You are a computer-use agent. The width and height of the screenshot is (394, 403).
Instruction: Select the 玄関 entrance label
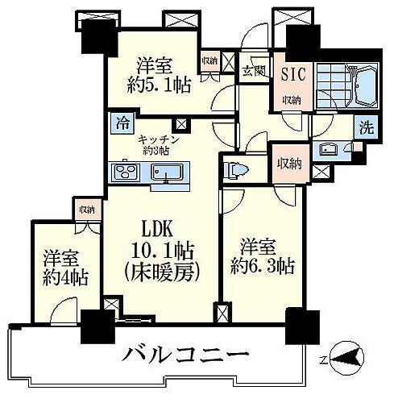click(x=249, y=70)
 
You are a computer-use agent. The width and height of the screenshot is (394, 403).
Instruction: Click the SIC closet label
click(x=291, y=71)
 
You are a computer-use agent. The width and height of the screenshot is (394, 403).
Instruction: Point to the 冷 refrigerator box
click(x=122, y=124)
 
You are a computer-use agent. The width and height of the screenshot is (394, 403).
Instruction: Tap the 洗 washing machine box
click(x=367, y=127)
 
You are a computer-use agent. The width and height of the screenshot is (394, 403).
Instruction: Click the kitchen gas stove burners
click(x=128, y=172)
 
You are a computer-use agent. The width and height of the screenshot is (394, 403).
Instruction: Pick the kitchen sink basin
click(x=168, y=172)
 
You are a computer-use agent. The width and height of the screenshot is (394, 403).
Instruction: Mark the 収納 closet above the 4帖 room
click(x=87, y=209)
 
